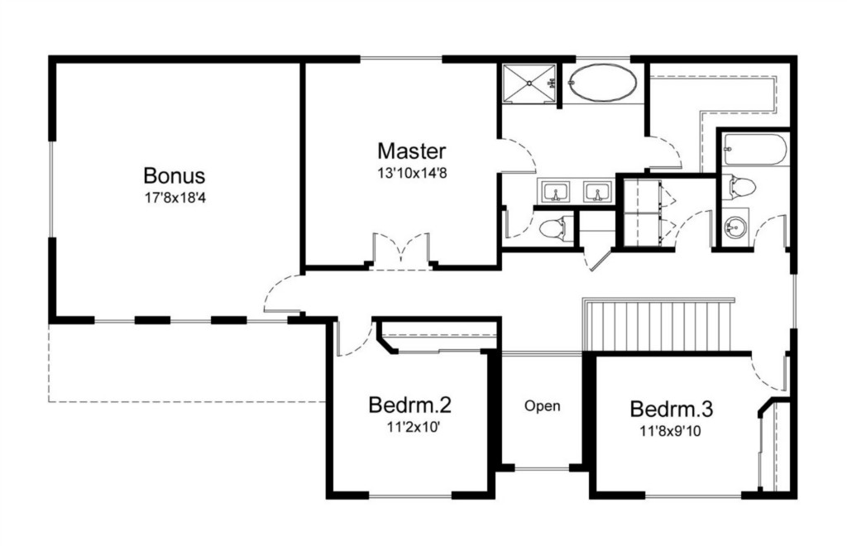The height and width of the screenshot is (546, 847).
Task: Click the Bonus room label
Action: [174, 175]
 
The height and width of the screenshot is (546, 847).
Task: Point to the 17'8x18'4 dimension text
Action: [175, 198]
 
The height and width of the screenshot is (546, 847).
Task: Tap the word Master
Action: [412, 151]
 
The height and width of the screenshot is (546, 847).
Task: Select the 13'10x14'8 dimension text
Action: [412, 174]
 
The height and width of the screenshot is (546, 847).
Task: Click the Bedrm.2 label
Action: [409, 405]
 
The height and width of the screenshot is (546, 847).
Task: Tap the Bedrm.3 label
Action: [672, 409]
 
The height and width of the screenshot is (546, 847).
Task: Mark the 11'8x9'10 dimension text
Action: [671, 431]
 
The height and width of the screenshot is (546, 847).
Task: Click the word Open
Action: [543, 406]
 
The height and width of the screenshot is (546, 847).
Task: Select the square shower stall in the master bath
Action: [529, 84]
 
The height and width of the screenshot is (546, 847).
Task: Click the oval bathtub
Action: [602, 82]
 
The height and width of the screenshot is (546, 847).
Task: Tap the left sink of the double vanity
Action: [554, 192]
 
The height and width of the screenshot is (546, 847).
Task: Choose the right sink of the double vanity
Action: [597, 192]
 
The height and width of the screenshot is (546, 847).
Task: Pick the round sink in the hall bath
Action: [735, 227]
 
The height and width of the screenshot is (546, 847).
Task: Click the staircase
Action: [658, 324]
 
